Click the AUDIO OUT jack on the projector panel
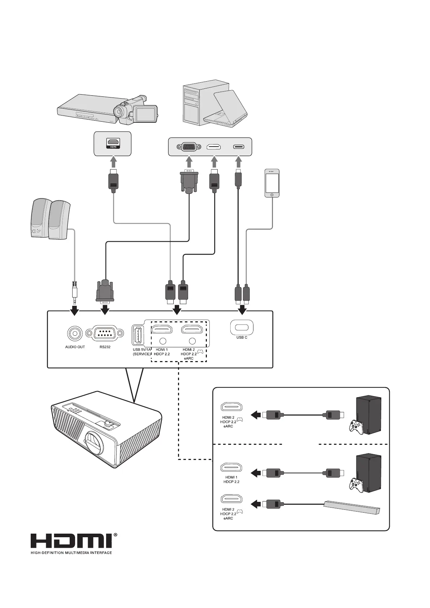click(75, 334)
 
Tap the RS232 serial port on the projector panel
click(105, 333)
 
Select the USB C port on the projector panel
click(242, 327)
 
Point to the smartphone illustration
click(272, 183)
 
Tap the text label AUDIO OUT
click(75, 347)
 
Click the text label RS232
click(105, 347)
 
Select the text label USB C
click(242, 337)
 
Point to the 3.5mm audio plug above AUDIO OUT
click(75, 293)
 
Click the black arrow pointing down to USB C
click(242, 309)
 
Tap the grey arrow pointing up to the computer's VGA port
click(189, 162)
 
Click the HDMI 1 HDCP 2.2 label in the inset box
click(231, 479)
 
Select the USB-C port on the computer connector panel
click(239, 147)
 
